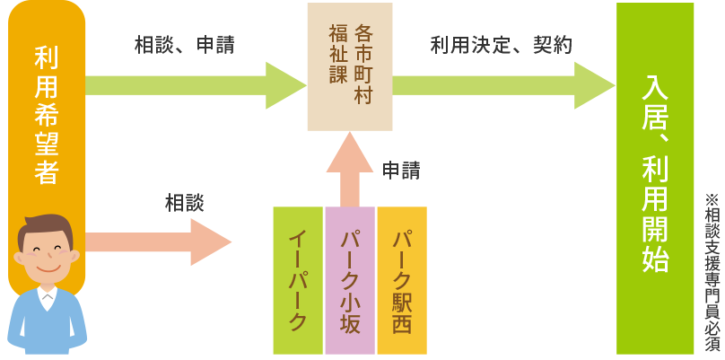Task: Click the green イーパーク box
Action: pos(298,280)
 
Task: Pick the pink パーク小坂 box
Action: pos(350,280)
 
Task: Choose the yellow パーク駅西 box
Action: pos(401,280)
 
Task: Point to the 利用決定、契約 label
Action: pos(501,45)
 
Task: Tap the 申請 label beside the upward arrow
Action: pos(401,170)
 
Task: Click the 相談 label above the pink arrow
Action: pos(184,203)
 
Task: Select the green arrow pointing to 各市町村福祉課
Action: pos(197,85)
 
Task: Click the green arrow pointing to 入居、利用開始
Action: pos(502,85)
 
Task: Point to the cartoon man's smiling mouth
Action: pos(47,268)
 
